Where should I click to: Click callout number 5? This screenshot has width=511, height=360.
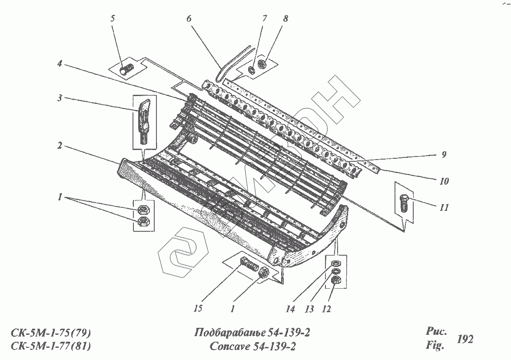[113, 19]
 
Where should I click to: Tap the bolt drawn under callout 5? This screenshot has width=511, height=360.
[126, 69]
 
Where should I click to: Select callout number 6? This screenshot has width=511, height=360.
[189, 19]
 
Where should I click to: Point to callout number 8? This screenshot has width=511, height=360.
[285, 19]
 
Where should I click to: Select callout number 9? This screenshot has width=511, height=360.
[443, 154]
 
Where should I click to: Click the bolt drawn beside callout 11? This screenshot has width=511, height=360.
[403, 203]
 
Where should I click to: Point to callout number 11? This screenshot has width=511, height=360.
[443, 208]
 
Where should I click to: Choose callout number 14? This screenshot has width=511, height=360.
[290, 309]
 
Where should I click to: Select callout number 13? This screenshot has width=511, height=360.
[310, 309]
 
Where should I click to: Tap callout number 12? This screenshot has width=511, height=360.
[327, 309]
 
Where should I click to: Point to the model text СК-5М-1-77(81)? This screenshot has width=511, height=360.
[50, 347]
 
